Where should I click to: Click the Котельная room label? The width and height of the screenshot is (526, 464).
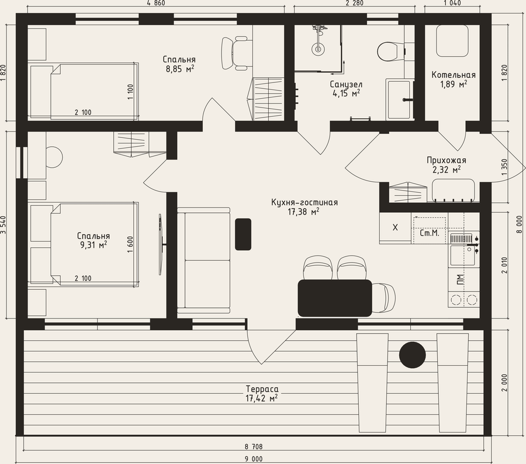(x=454, y=75)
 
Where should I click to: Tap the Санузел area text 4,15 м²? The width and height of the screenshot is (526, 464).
(x=346, y=94)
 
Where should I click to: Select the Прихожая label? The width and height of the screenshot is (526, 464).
(x=447, y=160)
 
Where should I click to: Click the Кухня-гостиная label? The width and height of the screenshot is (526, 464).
(x=304, y=202)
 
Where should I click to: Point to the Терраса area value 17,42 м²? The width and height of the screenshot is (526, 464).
(x=262, y=398)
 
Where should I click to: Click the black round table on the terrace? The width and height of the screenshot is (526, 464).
(x=412, y=355)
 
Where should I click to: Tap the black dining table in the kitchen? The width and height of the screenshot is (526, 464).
(x=335, y=298)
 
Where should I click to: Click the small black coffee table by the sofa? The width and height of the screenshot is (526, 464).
(x=243, y=234)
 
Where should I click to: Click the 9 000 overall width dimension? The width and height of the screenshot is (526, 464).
(x=254, y=459)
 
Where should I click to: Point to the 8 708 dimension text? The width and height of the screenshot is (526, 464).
(x=254, y=446)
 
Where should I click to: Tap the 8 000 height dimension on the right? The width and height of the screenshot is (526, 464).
(x=520, y=224)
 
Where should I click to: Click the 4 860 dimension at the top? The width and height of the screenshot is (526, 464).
(x=156, y=3)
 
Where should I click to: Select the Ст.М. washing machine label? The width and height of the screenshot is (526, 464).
(x=430, y=233)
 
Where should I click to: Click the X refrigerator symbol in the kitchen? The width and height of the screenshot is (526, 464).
(x=395, y=227)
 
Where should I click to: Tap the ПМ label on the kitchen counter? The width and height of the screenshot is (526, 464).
(x=461, y=279)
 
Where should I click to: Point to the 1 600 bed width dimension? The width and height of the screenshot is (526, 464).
(x=130, y=244)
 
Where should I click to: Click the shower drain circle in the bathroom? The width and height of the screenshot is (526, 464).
(x=317, y=49)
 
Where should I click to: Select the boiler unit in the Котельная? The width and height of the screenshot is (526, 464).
(x=452, y=40)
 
